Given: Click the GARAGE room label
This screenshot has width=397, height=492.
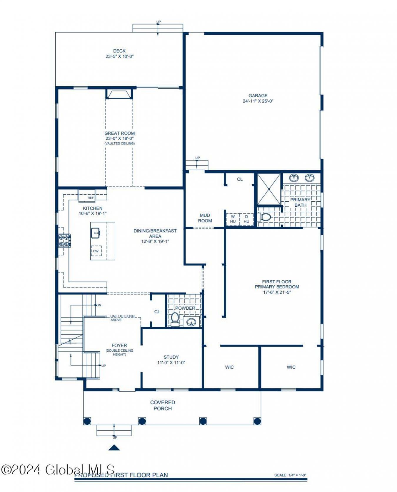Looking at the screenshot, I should click(258, 95).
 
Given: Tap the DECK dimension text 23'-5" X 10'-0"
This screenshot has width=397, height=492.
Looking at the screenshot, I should click(119, 56).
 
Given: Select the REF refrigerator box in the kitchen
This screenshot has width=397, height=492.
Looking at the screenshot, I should click(91, 198).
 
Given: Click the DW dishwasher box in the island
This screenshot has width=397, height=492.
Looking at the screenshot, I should click(96, 251).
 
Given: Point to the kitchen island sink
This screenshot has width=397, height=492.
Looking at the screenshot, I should click(96, 233).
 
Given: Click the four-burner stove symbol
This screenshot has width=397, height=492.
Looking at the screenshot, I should click(64, 240).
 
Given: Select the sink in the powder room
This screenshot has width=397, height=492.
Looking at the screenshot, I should click(191, 322).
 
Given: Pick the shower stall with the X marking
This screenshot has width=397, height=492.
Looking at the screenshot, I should click(269, 189).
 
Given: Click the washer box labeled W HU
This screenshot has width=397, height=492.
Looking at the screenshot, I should click(233, 219).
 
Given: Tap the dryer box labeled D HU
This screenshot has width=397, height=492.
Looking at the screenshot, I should click(246, 219).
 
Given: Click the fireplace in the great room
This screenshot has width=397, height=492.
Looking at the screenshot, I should click(119, 94).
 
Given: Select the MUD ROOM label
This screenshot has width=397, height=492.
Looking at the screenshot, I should click(205, 218).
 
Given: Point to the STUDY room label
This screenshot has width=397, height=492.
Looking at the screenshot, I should click(171, 357).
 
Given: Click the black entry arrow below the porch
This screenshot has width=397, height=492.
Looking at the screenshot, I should click(114, 448).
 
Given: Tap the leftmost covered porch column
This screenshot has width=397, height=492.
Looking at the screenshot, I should click(87, 421).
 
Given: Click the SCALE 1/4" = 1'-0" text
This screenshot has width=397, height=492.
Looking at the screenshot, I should click(290, 475).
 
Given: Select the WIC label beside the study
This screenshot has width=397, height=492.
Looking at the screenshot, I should click(229, 367).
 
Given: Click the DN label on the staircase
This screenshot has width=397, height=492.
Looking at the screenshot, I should click(99, 305).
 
